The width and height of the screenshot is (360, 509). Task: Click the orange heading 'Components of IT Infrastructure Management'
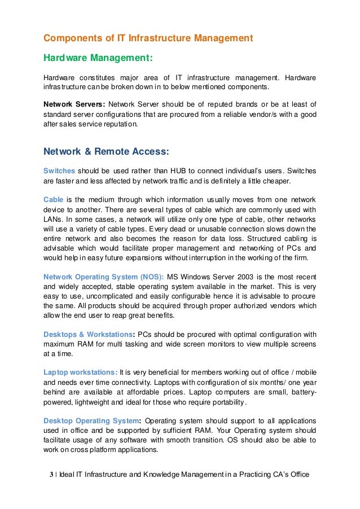148,38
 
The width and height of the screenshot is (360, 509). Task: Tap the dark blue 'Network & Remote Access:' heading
106,151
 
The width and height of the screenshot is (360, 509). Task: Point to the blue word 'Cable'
54,200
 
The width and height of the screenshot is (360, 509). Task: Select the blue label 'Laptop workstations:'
80,372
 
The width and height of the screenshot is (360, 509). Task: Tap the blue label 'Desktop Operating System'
91,420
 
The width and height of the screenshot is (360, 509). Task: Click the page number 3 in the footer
51,475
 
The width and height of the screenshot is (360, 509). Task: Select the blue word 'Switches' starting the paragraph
59,171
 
